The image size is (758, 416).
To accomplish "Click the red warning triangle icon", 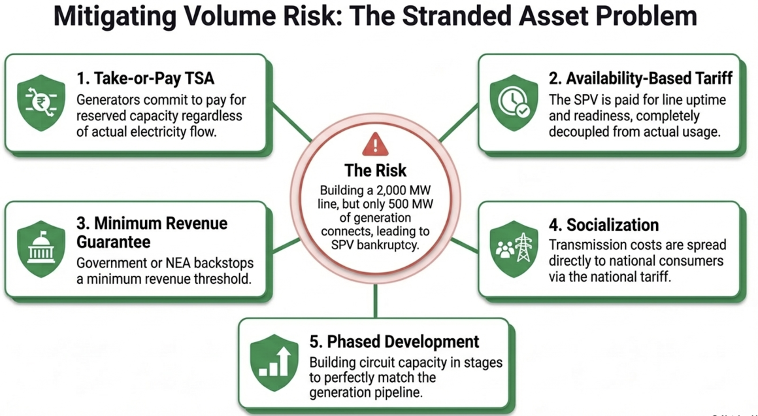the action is point(375,144).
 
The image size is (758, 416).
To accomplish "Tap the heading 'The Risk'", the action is point(375,171).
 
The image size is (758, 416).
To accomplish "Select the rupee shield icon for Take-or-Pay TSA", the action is point(41,102).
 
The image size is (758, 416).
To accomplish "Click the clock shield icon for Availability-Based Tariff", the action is point(514,102).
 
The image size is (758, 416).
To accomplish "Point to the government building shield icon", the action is point(41,249).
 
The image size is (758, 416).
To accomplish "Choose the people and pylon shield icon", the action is point(514,249).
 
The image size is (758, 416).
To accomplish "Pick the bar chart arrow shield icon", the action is point(274,362).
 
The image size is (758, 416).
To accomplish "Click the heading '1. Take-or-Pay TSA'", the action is point(146,78).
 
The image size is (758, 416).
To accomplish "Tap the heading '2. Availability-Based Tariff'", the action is point(640,78).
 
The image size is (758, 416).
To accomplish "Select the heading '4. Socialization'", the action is point(604,225).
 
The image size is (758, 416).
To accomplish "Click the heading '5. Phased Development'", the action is point(395,341).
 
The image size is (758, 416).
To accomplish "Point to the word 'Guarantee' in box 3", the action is point(114,241).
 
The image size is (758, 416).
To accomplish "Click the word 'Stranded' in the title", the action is point(452,16).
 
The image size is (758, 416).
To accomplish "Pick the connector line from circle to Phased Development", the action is point(375,301).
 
